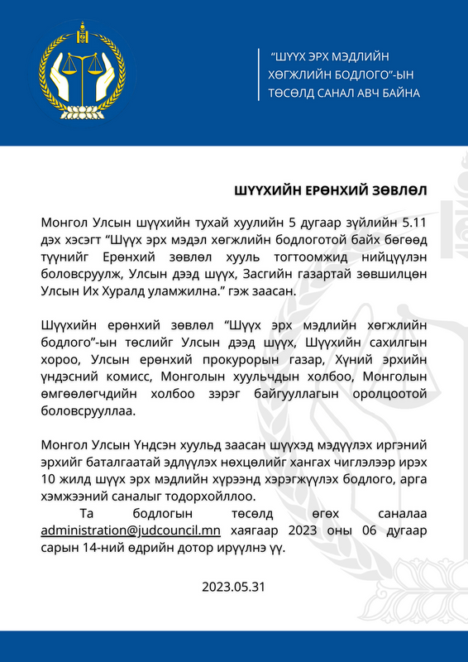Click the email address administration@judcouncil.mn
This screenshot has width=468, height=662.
point(131,530)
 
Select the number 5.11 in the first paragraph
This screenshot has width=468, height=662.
point(412,223)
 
